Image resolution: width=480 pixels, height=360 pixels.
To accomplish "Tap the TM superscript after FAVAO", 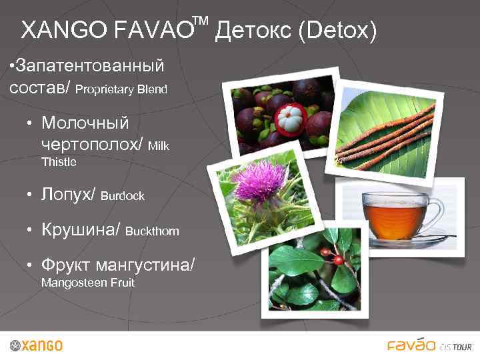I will (x=201, y=22).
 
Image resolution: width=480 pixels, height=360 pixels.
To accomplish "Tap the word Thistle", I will (x=59, y=162).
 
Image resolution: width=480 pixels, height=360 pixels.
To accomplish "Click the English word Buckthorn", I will (x=152, y=231).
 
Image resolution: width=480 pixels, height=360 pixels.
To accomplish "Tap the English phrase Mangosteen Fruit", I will (x=88, y=283).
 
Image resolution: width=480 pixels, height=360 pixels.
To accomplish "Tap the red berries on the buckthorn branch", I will (x=331, y=254).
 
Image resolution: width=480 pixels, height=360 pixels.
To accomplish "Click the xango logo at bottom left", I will (x=37, y=345).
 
